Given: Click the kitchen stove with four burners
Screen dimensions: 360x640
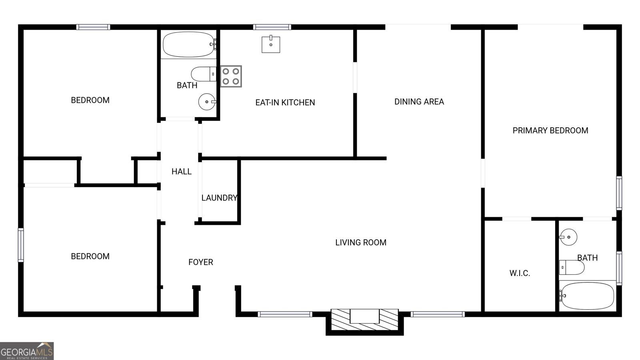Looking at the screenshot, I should (x=231, y=76).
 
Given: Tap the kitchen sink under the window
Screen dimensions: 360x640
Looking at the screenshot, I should (x=271, y=44).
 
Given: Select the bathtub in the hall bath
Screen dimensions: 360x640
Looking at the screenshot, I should (x=188, y=44).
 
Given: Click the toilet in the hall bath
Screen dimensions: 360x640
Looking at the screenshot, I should (x=203, y=74).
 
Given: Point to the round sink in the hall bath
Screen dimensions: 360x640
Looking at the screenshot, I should (x=207, y=102).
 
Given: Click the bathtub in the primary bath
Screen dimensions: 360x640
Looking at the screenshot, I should (x=587, y=296).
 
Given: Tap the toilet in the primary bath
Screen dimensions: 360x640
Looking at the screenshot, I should (x=572, y=267).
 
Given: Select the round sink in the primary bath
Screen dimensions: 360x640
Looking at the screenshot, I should (x=568, y=237).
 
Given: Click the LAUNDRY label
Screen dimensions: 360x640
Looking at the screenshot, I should (x=219, y=198).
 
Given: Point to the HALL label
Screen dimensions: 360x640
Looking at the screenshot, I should (x=182, y=172).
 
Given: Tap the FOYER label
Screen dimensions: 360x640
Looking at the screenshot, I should (x=201, y=262).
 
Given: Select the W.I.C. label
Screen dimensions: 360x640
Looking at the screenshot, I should (x=520, y=273).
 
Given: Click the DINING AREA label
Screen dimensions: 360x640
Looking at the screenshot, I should (x=419, y=102).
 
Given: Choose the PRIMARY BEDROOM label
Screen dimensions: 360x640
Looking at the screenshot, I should (x=550, y=130).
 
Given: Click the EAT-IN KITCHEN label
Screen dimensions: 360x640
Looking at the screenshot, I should (x=285, y=102).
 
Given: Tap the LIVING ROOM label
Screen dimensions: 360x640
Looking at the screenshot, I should (x=361, y=242).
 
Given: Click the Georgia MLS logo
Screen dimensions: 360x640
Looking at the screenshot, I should (x=27, y=351).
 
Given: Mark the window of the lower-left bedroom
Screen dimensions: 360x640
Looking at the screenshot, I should (x=21, y=245).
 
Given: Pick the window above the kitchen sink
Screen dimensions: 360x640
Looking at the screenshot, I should (x=272, y=27).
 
